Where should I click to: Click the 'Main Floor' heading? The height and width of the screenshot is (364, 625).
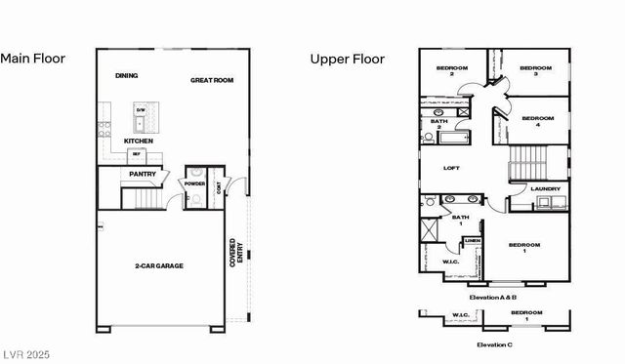coord(32,59)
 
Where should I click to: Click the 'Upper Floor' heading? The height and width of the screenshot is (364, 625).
coord(348,59)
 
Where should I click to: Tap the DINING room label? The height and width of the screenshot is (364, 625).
coord(126,75)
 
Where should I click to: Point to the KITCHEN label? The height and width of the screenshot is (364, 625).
coord(138,142)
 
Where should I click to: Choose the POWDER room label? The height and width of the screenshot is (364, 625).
coord(194,182)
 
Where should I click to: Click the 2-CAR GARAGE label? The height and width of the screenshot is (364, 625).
coord(159,265)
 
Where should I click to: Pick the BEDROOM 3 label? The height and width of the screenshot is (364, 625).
coord(535,70)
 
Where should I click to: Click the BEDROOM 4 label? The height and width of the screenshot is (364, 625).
coord(537,121)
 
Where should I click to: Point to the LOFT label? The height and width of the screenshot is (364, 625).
coord(451,168)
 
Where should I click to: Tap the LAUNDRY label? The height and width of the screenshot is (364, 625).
coord(545,188)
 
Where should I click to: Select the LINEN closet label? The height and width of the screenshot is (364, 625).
coord(472,239)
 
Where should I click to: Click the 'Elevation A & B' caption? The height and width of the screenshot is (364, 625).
coord(492,296)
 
